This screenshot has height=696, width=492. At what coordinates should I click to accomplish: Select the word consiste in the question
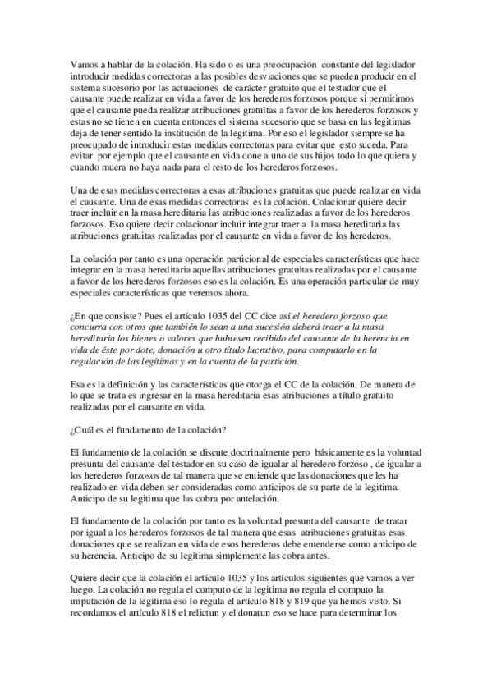112,314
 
